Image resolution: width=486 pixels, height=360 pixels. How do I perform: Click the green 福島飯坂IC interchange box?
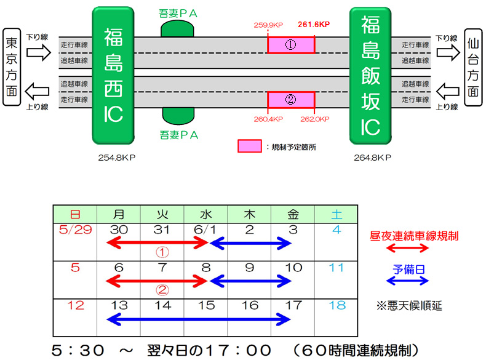[x=370, y=75]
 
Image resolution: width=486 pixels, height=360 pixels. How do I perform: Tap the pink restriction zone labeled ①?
[x=291, y=45]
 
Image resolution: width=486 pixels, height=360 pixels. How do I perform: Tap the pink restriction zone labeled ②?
[x=291, y=99]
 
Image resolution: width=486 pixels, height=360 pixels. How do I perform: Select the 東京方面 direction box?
[x=12, y=67]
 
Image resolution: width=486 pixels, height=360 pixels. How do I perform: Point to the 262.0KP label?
[x=316, y=119]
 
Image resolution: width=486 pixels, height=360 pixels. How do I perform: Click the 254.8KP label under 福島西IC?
[x=117, y=158]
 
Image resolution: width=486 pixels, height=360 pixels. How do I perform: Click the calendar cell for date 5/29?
[x=75, y=230]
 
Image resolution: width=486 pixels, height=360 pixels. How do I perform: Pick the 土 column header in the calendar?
[x=337, y=214]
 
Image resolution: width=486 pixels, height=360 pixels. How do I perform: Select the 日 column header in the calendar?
[x=75, y=214]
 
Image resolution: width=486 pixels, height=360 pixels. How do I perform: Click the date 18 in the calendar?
[x=337, y=305]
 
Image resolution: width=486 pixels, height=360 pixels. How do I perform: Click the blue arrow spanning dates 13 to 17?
[x=198, y=319]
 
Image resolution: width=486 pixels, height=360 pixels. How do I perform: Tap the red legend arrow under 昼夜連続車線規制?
[x=406, y=247]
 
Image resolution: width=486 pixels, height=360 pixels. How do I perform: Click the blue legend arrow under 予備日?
[x=406, y=281]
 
